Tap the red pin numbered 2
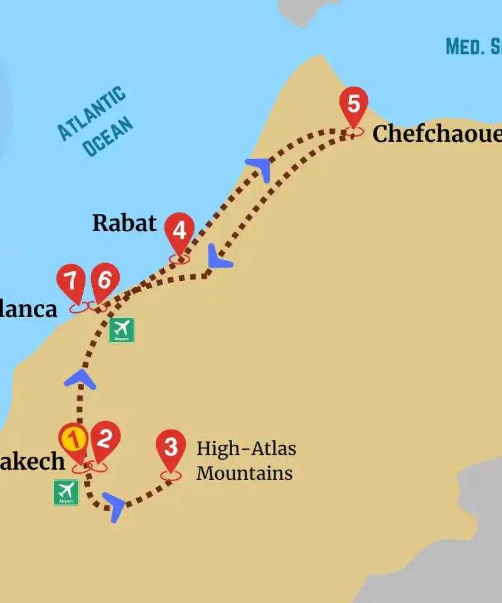click(x=105, y=437)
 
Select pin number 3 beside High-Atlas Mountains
click(x=171, y=447)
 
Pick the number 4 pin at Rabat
click(x=179, y=231)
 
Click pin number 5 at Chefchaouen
click(x=353, y=102)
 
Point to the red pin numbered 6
click(x=104, y=280)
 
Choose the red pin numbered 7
click(x=71, y=281)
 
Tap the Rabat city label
click(x=124, y=223)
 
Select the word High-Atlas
click(x=246, y=449)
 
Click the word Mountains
click(x=244, y=472)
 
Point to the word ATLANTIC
click(x=92, y=113)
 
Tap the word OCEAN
click(x=108, y=136)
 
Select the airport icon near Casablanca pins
click(x=121, y=330)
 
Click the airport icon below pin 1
click(x=66, y=492)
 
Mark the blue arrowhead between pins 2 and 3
click(x=115, y=506)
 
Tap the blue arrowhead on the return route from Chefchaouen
click(x=218, y=257)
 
